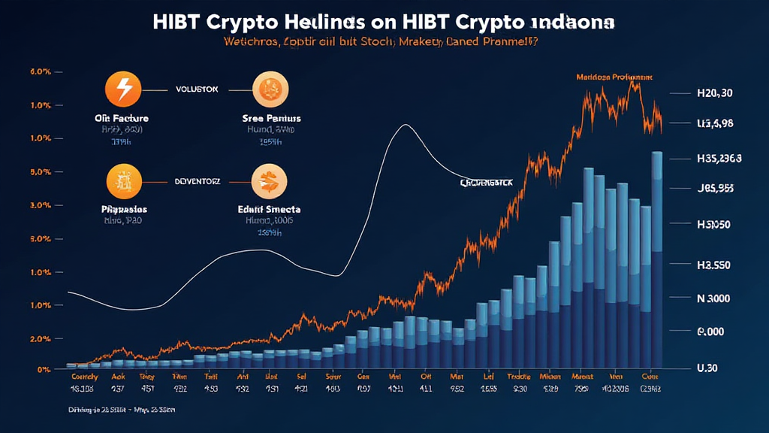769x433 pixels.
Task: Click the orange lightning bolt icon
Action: [122, 89]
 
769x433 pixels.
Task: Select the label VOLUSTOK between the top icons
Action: [197, 89]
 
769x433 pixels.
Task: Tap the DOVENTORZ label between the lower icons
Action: [197, 181]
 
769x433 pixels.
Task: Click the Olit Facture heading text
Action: [122, 118]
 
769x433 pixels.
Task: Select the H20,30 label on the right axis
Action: [714, 94]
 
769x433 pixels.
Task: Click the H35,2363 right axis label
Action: [719, 159]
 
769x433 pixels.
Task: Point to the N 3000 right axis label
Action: [713, 298]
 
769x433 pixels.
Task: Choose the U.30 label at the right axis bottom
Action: [709, 368]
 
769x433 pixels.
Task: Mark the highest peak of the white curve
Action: [406, 125]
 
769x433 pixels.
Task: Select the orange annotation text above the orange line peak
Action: [614, 77]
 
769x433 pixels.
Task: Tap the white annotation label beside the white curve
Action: [486, 183]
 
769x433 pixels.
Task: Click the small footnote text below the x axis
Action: [121, 411]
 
